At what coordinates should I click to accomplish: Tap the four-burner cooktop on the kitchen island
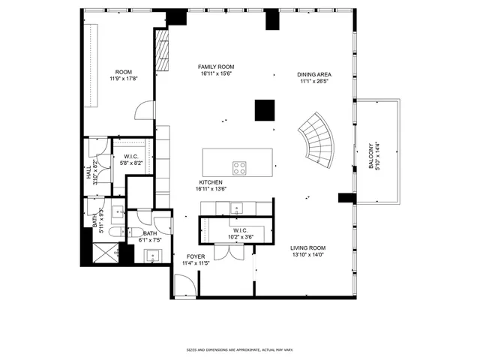[x=240, y=167]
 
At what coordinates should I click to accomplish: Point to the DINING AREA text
[x=314, y=74]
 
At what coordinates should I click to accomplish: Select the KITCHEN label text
[x=211, y=182]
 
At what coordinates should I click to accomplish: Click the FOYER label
[x=196, y=256]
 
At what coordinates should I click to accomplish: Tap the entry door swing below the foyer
[x=184, y=285]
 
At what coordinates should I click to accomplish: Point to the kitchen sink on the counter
[x=237, y=208]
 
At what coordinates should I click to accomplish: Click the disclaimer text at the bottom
[x=239, y=349]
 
